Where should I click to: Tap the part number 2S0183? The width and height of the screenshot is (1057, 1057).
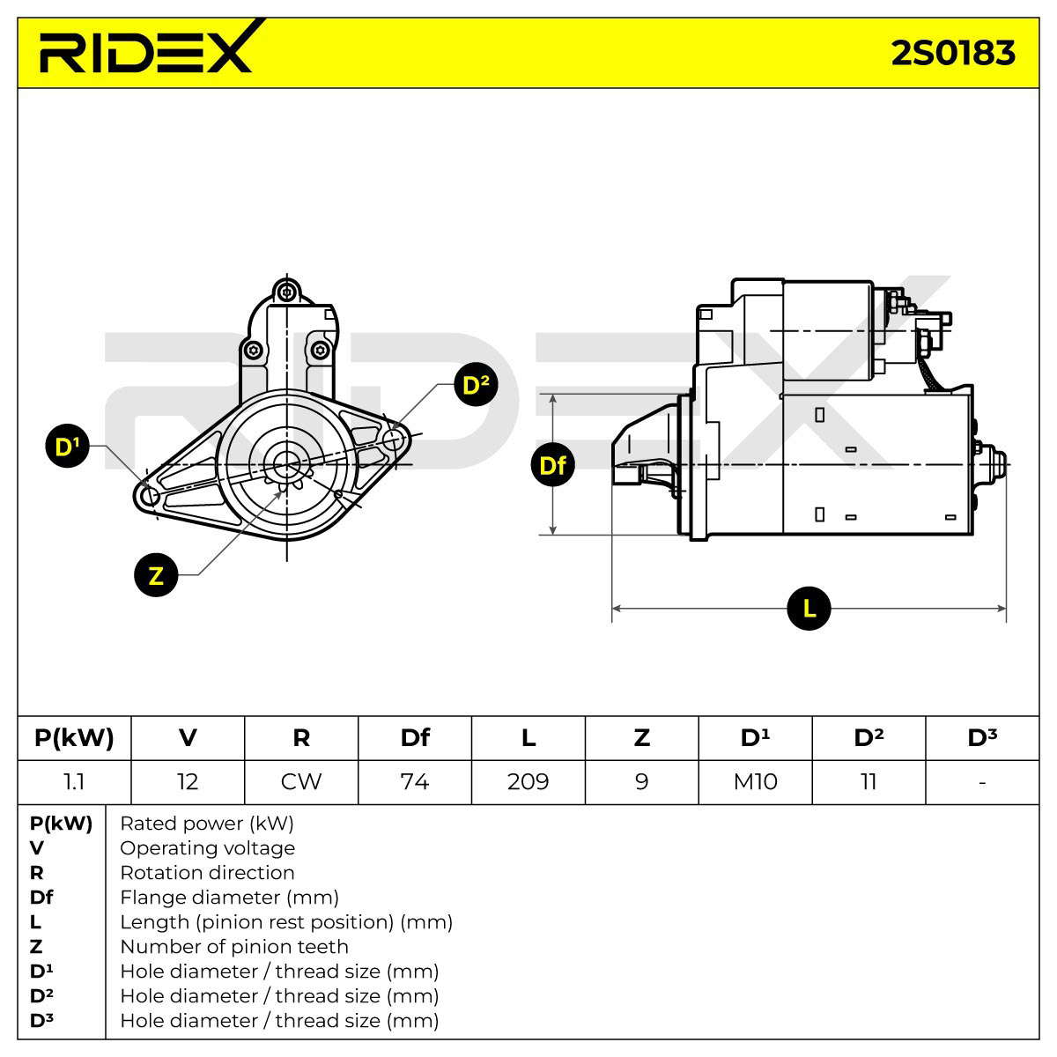[x=953, y=53]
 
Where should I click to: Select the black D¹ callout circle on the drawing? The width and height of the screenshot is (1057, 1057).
[x=67, y=446]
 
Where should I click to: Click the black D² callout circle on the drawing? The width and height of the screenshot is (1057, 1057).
[x=477, y=385]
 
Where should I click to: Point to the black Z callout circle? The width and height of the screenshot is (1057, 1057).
[x=156, y=575]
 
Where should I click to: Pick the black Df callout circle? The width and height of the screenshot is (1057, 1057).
[x=552, y=465]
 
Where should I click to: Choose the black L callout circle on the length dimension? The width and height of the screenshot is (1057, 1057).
[x=809, y=609]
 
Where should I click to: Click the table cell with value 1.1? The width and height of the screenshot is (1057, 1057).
[x=74, y=781]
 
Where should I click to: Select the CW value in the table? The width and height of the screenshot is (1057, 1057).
[x=301, y=781]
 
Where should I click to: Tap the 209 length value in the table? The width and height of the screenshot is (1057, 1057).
[x=528, y=781]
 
